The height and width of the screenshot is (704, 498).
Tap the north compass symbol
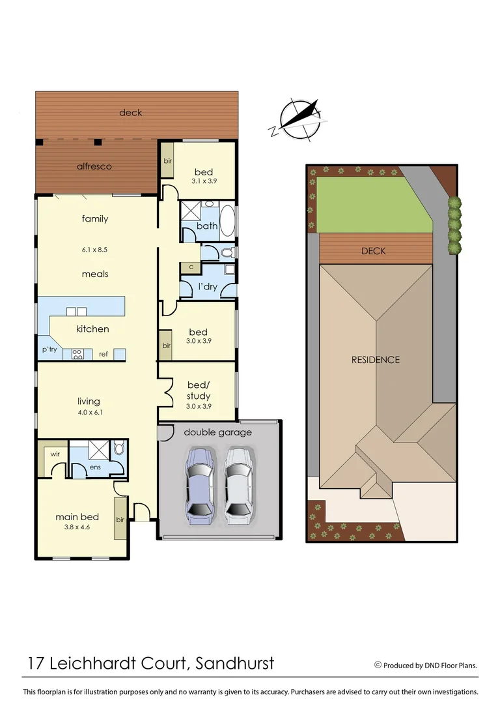tap(297, 120)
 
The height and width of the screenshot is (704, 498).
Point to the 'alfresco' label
tap(94, 166)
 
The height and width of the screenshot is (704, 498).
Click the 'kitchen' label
tap(92, 329)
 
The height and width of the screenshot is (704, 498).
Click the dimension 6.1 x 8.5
tap(94, 249)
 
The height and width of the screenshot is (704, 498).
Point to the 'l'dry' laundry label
tap(208, 287)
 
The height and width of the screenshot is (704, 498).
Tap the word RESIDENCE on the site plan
tap(376, 360)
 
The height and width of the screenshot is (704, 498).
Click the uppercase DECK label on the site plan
tap(374, 251)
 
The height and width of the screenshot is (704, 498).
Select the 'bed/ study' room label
tap(199, 391)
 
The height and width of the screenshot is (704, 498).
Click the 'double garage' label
tap(217, 432)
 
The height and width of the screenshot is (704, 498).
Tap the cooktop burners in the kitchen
tap(76, 355)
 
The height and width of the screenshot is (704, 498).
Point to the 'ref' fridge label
tap(104, 354)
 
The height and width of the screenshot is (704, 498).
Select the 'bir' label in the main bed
tap(120, 520)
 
